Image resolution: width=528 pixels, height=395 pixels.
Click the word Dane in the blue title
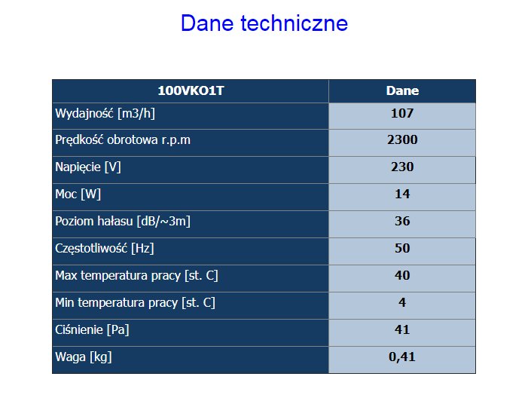tap(207, 23)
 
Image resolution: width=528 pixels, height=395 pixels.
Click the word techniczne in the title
tap(295, 23)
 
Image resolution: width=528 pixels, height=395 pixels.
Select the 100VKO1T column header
tap(191, 90)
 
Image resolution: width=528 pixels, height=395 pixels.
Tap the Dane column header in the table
tap(402, 90)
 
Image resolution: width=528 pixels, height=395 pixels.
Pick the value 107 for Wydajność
tap(402, 113)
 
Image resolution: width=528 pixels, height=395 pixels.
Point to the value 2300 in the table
tap(402, 140)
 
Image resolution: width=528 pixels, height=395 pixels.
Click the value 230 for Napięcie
tap(402, 167)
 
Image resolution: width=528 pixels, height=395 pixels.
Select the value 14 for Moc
tap(402, 194)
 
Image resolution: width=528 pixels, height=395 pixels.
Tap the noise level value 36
tap(402, 221)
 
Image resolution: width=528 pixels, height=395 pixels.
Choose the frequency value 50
tap(402, 249)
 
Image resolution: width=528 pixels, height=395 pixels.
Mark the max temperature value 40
tap(402, 275)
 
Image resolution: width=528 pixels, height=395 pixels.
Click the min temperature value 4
tap(402, 302)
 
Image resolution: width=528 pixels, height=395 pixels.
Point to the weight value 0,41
tap(402, 357)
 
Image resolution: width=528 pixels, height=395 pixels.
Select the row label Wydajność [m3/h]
tap(105, 114)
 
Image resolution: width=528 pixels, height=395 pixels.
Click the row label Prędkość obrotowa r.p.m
tap(123, 140)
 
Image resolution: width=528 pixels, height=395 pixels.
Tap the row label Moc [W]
tap(78, 194)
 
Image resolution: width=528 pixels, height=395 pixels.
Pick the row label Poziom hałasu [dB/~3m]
tap(123, 222)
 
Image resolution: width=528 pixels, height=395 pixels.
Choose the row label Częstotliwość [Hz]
tap(105, 249)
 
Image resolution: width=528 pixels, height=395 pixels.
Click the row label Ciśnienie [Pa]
tap(92, 330)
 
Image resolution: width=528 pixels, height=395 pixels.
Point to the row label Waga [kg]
tap(84, 357)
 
